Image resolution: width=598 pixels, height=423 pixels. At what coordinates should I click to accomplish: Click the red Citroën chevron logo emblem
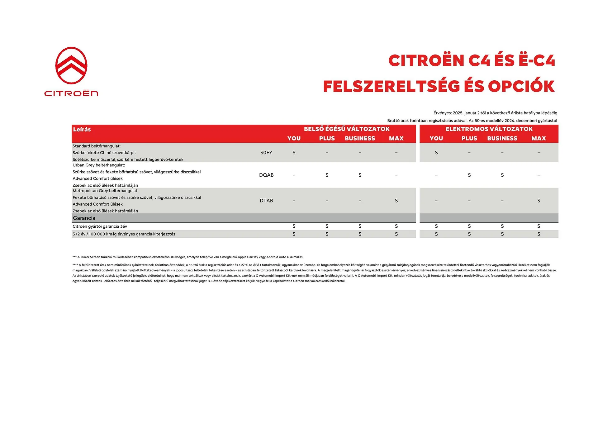pyautogui.click(x=71, y=65)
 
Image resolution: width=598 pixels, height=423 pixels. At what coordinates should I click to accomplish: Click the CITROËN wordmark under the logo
pyautogui.click(x=71, y=93)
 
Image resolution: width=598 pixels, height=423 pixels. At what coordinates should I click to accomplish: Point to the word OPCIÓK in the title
pyautogui.click(x=521, y=86)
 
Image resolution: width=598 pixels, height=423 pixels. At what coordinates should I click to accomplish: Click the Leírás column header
pyautogui.click(x=82, y=130)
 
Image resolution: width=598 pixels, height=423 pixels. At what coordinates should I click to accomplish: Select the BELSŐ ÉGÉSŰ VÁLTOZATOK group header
pyautogui.click(x=347, y=129)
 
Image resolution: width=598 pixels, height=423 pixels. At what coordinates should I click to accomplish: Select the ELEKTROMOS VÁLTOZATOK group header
pyautogui.click(x=489, y=129)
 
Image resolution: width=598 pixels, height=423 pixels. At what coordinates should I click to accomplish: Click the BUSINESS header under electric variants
pyautogui.click(x=502, y=138)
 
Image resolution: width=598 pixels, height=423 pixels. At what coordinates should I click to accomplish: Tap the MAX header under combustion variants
pyautogui.click(x=396, y=138)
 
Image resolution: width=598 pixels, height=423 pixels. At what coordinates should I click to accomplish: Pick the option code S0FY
pyautogui.click(x=266, y=153)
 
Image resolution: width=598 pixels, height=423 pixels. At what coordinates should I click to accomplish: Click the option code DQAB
pyautogui.click(x=266, y=175)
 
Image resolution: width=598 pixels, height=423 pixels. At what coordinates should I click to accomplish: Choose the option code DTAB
pyautogui.click(x=266, y=201)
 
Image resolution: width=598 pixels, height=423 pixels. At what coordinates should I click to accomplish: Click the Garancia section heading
pyautogui.click(x=84, y=218)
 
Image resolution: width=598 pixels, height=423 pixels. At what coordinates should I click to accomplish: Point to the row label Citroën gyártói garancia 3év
pyautogui.click(x=100, y=226)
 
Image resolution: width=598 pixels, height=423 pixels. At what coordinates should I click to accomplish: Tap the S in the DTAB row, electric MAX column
pyautogui.click(x=539, y=201)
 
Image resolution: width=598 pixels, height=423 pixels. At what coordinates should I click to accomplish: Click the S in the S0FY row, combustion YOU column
pyautogui.click(x=294, y=153)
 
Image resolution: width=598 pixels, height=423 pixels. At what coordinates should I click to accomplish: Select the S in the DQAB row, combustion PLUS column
pyautogui.click(x=327, y=175)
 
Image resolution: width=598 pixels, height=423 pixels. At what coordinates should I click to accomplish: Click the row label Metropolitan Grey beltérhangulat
pyautogui.click(x=105, y=191)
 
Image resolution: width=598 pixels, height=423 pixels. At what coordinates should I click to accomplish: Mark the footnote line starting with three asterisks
pyautogui.click(x=188, y=257)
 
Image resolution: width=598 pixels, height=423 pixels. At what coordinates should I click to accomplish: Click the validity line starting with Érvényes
pyautogui.click(x=495, y=113)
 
